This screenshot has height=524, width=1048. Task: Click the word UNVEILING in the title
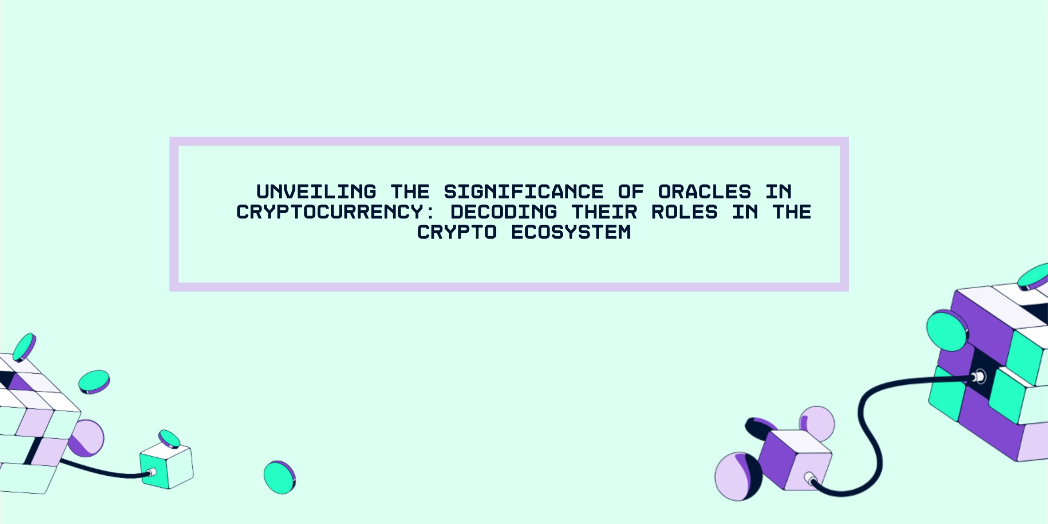click(x=316, y=192)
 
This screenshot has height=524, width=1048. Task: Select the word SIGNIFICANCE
click(x=524, y=192)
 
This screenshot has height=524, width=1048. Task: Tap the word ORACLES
click(x=705, y=192)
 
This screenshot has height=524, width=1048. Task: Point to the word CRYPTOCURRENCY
click(x=330, y=212)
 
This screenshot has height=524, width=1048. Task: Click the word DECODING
click(x=504, y=212)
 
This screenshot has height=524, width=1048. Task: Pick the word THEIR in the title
click(x=604, y=212)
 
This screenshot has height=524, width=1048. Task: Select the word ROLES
click(x=684, y=212)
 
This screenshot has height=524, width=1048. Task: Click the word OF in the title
click(x=631, y=192)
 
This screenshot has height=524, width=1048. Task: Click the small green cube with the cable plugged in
click(x=166, y=467)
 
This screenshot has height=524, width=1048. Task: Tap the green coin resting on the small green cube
click(x=169, y=438)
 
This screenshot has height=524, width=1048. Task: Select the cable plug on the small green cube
click(x=151, y=473)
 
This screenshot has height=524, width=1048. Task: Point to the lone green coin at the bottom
click(x=279, y=477)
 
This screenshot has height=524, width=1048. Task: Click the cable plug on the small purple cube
click(x=809, y=478)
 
